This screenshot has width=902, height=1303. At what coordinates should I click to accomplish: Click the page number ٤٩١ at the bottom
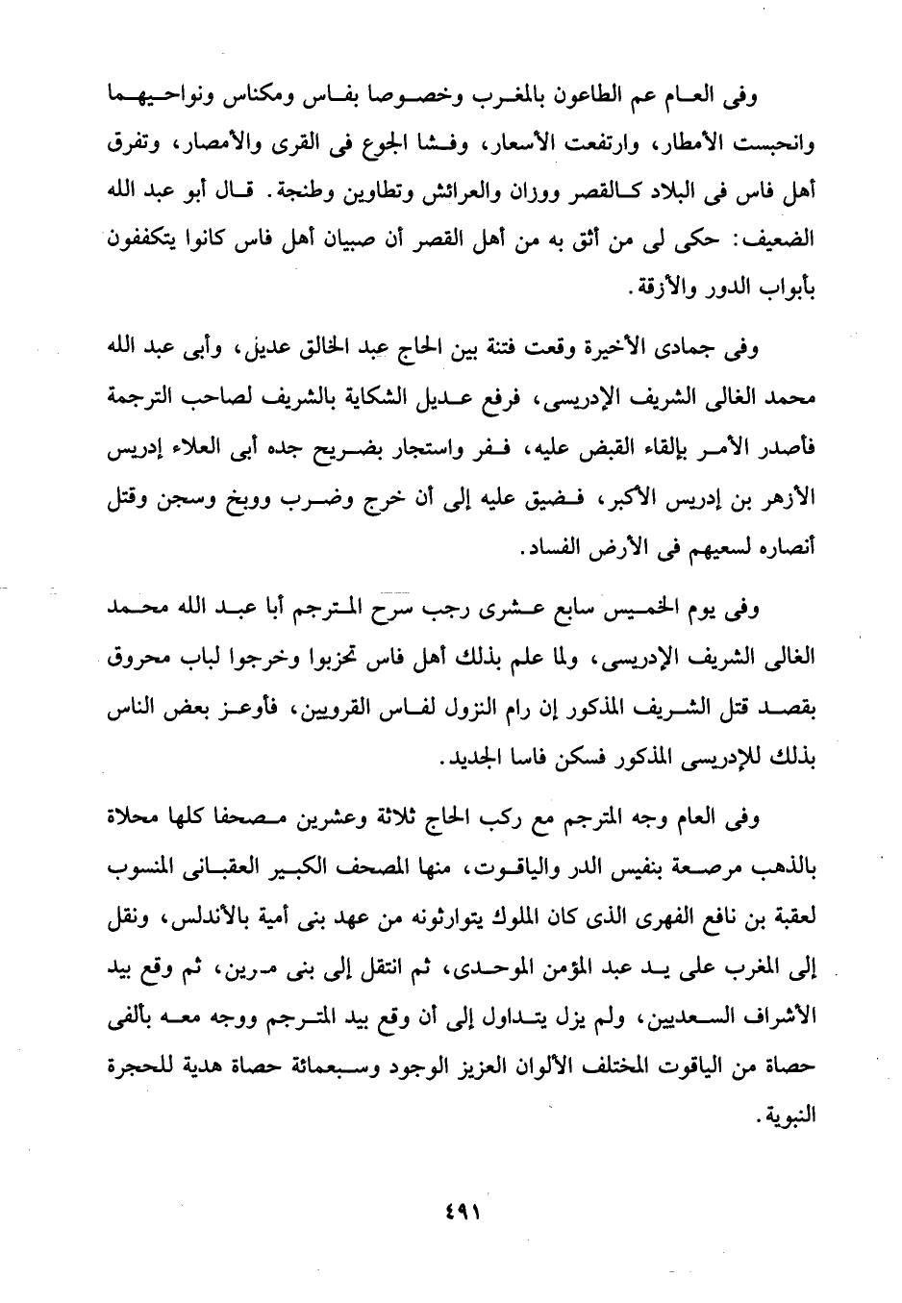click(451, 1211)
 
